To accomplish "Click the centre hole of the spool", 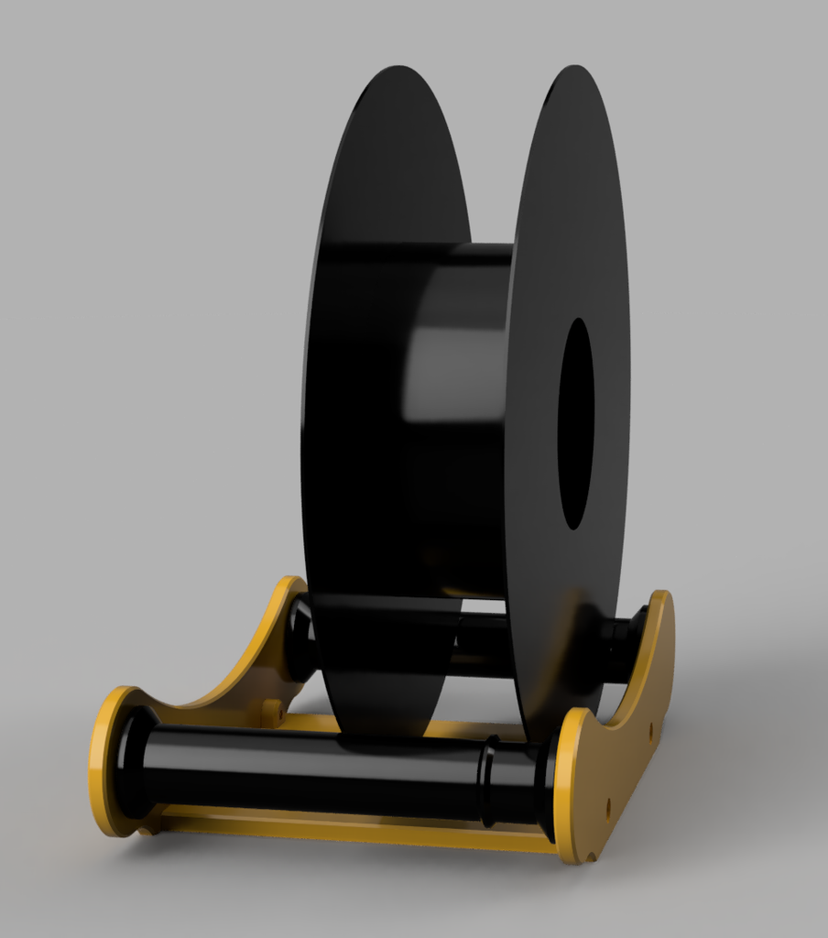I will [575, 423].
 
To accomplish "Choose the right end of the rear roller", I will [623, 646].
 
